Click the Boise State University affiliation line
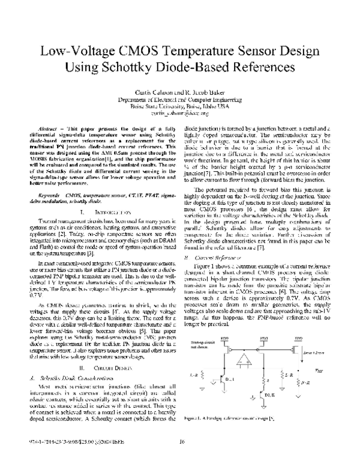coord(180,106)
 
